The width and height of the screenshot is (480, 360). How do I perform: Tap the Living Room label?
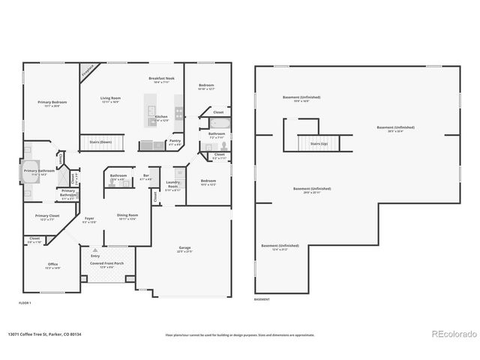pos(111,98)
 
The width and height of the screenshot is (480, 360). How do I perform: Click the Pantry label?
pos(175,140)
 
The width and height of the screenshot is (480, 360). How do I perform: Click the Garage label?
pos(184,248)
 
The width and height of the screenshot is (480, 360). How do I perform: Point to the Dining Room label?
pos(127,216)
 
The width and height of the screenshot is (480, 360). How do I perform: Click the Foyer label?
pos(89,219)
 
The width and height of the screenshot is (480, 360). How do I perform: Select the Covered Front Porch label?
pos(107,264)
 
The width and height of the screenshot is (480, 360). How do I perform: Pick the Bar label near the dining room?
pos(147,177)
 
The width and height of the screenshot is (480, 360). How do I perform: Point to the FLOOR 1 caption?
pos(25,302)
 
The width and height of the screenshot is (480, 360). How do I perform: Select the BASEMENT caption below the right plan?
pos(262,299)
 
